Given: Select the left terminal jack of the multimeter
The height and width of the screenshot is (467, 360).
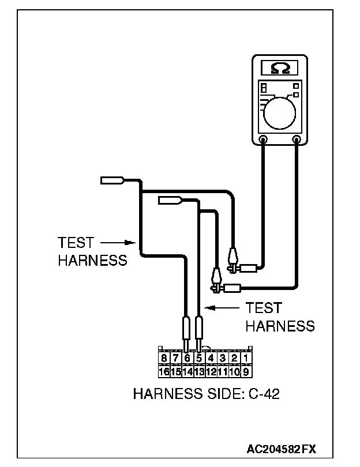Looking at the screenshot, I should coord(263,139).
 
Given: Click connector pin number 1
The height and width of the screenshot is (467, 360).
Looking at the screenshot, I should coord(245,359).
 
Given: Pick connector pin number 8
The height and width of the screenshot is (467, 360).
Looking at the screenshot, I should coord(164,359).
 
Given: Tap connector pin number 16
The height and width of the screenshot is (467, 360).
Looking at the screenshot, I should coord(164,371).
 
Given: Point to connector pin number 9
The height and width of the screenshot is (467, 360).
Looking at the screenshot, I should coord(245,371).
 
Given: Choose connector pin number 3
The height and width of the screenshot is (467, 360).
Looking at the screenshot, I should coord(222,359).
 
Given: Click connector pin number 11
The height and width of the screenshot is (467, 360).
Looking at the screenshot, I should coord(222,371).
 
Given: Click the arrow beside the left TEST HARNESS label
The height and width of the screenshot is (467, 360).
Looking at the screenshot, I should coord(119,243).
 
